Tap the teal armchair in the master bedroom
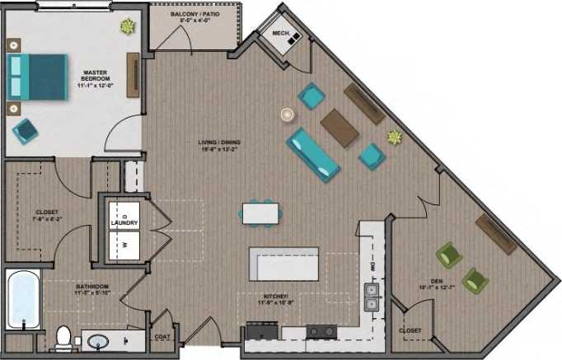point(25,129)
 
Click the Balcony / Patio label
point(194,16)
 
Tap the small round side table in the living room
point(287,114)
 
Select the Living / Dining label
point(217,145)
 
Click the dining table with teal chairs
point(260,213)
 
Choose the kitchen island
point(283,264)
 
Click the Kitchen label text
point(274,299)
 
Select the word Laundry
point(124,223)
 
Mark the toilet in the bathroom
point(63,338)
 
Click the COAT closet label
point(162,337)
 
